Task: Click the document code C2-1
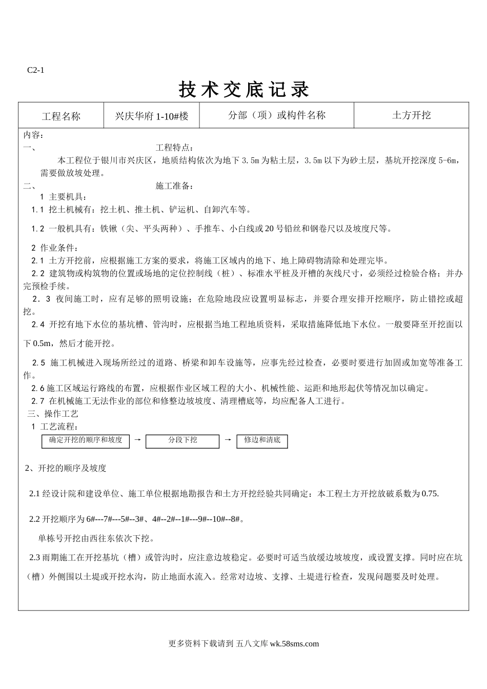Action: [x=35, y=70]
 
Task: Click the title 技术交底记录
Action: [x=244, y=90]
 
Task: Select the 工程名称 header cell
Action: [x=61, y=116]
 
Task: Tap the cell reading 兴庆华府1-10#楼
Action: [x=152, y=116]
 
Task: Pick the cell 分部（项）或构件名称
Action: [x=277, y=115]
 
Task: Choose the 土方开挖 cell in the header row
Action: [x=411, y=115]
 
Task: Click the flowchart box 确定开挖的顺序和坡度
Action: [x=85, y=440]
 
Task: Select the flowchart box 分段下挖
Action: [x=182, y=440]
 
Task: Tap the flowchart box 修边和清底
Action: [x=262, y=440]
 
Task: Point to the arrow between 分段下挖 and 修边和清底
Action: [x=228, y=440]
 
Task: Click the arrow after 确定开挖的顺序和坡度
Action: [x=137, y=440]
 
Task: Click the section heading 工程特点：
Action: [x=175, y=148]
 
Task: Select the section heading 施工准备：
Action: [x=175, y=186]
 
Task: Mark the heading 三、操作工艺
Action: [x=53, y=414]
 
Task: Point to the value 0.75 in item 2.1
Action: [x=430, y=494]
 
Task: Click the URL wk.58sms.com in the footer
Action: [x=294, y=644]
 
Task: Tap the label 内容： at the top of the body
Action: [x=34, y=135]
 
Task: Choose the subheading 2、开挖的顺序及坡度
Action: [x=66, y=468]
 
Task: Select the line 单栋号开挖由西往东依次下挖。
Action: [x=97, y=539]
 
